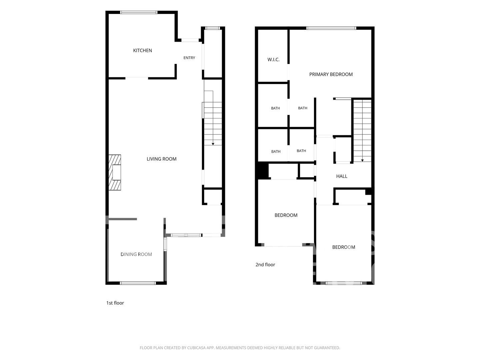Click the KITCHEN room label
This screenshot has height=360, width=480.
[142, 50]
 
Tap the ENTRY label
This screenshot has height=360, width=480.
[189, 58]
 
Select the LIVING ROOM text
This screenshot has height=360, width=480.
[161, 159]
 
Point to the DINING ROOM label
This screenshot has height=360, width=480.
[136, 254]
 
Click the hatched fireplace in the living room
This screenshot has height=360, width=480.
[115, 172]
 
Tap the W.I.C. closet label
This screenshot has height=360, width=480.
[273, 60]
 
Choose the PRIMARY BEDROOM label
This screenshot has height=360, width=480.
[331, 74]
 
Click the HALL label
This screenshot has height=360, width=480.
[342, 176]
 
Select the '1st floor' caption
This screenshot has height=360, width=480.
[115, 303]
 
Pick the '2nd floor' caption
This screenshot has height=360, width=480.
[265, 264]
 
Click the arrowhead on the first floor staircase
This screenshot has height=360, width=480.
[213, 144]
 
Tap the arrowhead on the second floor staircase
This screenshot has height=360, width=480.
[362, 160]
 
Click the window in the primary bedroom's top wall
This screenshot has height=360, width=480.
[331, 28]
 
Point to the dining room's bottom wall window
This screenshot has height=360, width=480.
[138, 283]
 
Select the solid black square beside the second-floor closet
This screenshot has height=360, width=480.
[263, 171]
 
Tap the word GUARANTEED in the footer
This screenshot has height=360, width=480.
[327, 348]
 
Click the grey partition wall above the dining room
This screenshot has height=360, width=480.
[123, 219]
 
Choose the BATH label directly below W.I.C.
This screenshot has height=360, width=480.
[275, 108]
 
